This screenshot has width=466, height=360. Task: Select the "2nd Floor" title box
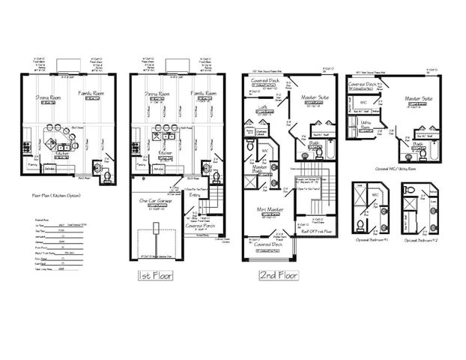277,275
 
